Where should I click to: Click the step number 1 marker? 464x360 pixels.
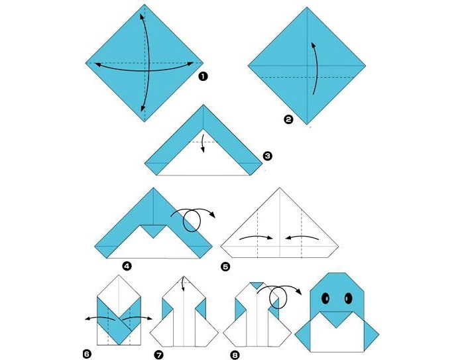203,77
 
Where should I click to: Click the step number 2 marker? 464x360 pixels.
288,119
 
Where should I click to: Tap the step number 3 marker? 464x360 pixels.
268,156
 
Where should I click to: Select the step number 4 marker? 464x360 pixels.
127,267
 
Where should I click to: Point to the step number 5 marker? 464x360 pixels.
225,267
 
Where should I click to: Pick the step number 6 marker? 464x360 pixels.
87,354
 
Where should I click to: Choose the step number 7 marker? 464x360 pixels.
159,355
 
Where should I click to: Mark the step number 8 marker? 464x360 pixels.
235,355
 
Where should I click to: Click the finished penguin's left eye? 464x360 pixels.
325,298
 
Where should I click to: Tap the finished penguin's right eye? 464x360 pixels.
348,298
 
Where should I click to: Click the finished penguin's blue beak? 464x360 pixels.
337,319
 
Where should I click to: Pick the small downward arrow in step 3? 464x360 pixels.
203,144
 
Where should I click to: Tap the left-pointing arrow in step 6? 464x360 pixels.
99,318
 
